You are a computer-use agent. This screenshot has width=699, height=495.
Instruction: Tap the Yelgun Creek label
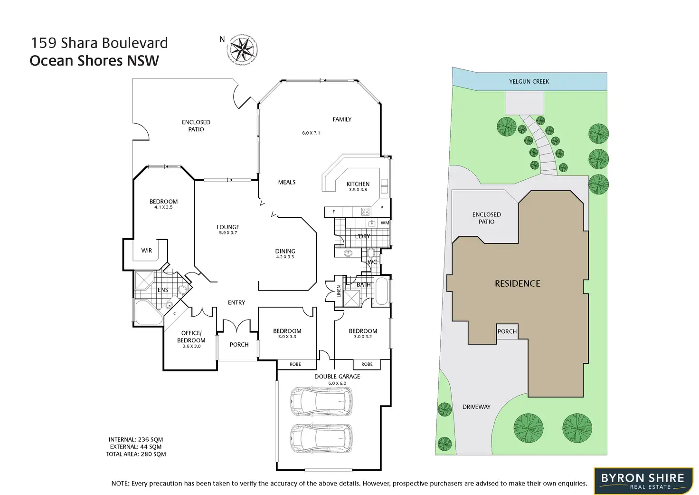coord(529,82)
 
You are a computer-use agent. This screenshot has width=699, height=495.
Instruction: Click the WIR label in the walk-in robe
coord(147,251)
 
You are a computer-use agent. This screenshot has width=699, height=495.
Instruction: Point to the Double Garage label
coord(337,377)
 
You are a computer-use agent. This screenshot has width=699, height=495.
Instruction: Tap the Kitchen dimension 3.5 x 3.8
coord(358,190)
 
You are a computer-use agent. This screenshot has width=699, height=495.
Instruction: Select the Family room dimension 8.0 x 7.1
coord(311,133)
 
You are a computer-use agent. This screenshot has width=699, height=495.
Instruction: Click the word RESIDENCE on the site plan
coord(518,284)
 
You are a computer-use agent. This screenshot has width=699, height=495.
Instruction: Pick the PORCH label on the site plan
coord(507,331)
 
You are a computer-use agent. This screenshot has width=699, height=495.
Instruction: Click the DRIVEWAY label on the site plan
coord(476,407)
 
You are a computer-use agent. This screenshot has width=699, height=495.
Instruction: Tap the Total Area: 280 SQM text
coord(136,454)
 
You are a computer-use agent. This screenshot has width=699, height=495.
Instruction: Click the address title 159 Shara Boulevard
coord(99,43)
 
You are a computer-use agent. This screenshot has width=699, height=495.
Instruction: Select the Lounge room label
coord(228,227)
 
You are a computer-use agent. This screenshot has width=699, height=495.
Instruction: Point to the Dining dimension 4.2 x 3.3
coord(285,257)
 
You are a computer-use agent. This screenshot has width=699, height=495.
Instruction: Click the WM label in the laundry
coord(385,223)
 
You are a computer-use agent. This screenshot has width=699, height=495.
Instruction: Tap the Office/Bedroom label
coord(191,337)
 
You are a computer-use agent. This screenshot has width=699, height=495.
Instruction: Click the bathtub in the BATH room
coord(381,291)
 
